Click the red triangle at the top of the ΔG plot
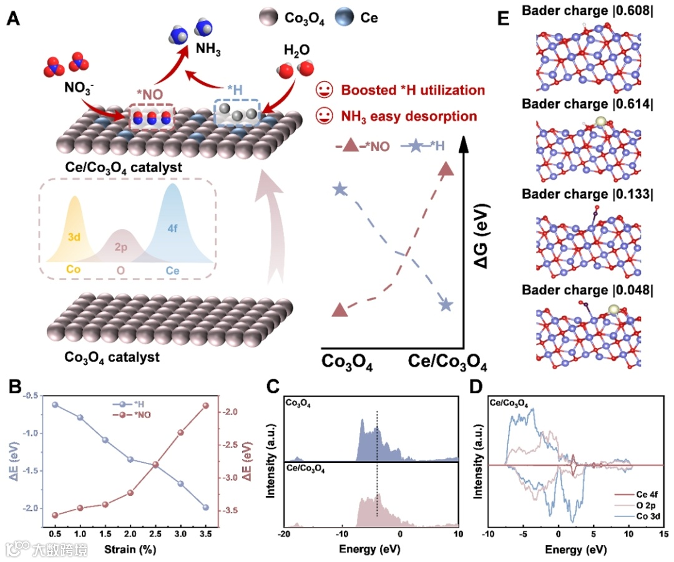tap(446, 168)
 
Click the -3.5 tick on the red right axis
tap(233, 510)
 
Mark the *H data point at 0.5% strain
tap(55, 405)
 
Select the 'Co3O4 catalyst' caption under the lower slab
tap(112, 357)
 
